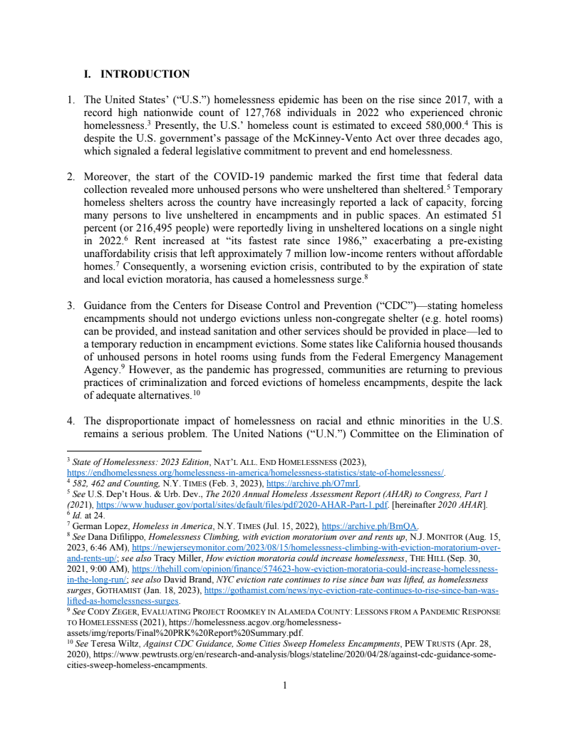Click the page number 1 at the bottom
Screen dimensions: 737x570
285,686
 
